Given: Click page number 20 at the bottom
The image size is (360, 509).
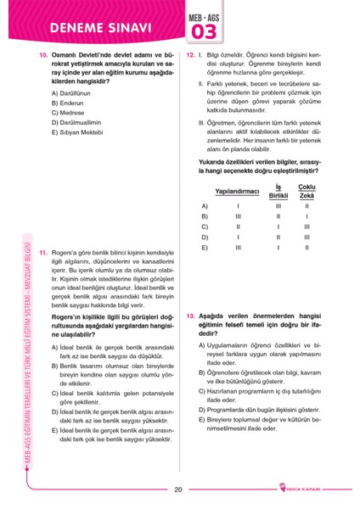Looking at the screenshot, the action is pos(178,489).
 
